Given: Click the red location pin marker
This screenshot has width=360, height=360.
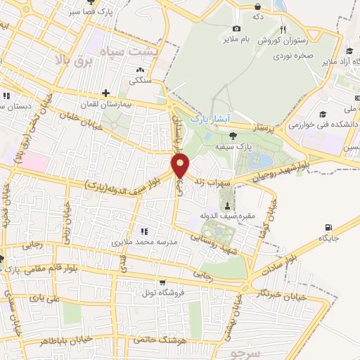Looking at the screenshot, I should coord(180,166).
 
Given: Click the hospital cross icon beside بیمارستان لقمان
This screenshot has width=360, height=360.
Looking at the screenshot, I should coord(105,93).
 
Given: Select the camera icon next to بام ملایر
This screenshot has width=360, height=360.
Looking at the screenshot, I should coord(236,28).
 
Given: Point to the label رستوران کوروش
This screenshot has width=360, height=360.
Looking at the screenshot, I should coord(262,41).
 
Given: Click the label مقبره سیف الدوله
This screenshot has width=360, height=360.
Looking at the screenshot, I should coord(246,215).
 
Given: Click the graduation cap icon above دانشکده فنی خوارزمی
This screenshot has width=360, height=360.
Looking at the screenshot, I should coord(323,115).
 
